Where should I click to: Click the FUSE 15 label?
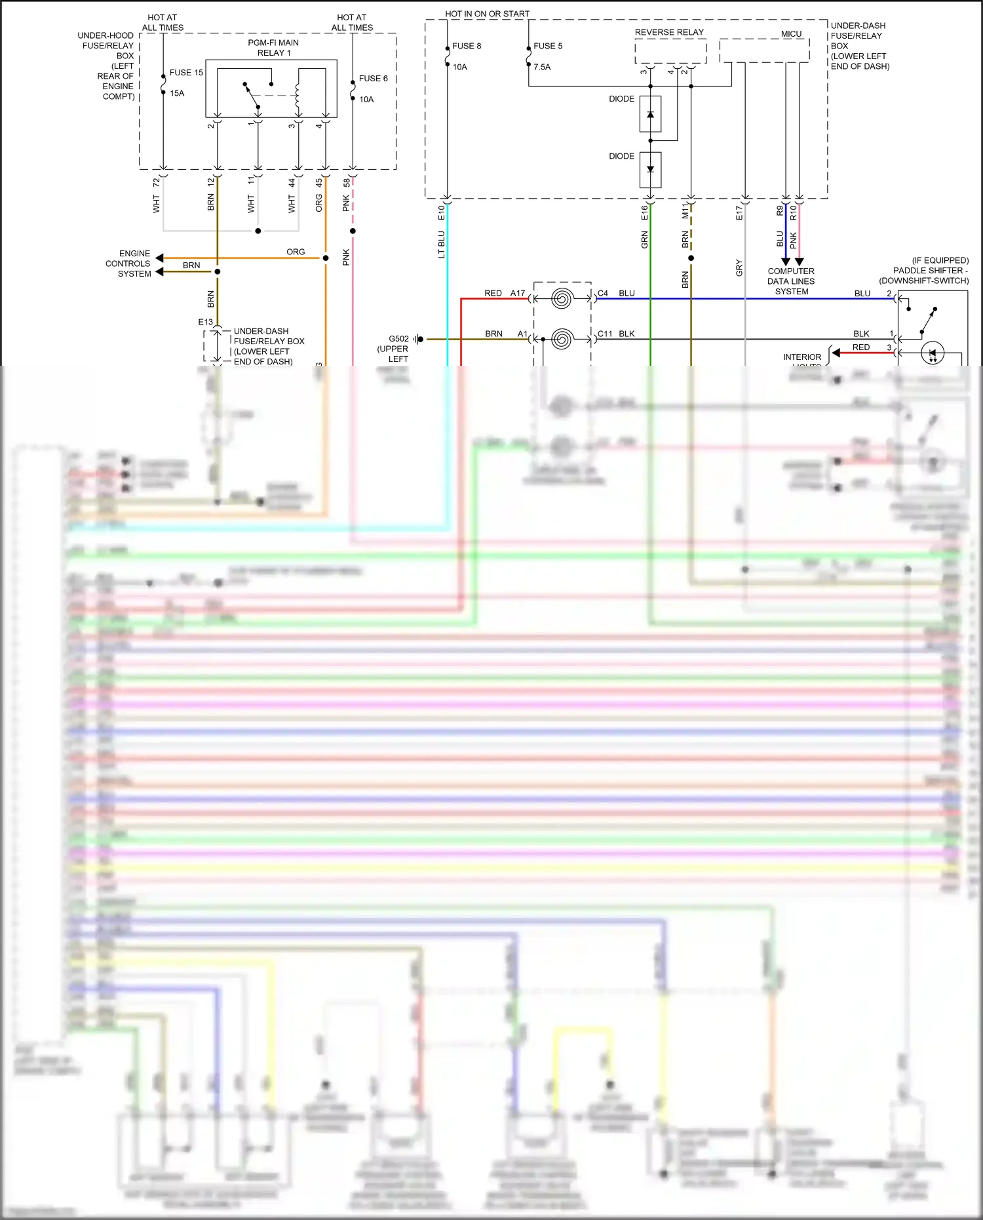click(186, 73)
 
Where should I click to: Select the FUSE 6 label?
click(373, 79)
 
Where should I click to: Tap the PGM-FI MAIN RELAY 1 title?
click(273, 48)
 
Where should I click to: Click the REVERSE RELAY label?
click(669, 32)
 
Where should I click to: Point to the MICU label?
click(791, 34)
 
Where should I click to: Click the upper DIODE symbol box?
click(650, 114)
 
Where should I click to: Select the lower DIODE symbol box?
click(650, 170)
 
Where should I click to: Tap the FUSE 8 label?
click(467, 47)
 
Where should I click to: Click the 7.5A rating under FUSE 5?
click(542, 67)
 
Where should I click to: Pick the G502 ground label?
click(398, 339)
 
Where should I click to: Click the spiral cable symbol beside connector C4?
click(562, 299)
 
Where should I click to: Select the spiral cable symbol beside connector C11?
click(562, 340)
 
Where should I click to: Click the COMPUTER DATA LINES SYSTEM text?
click(791, 281)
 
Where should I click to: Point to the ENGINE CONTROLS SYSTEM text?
click(128, 264)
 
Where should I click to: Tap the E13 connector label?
click(205, 323)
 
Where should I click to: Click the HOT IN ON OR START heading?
click(487, 14)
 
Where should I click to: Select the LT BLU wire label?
click(442, 245)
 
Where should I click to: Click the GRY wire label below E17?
click(739, 267)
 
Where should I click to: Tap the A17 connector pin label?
click(518, 293)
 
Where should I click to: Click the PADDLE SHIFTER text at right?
click(930, 271)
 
